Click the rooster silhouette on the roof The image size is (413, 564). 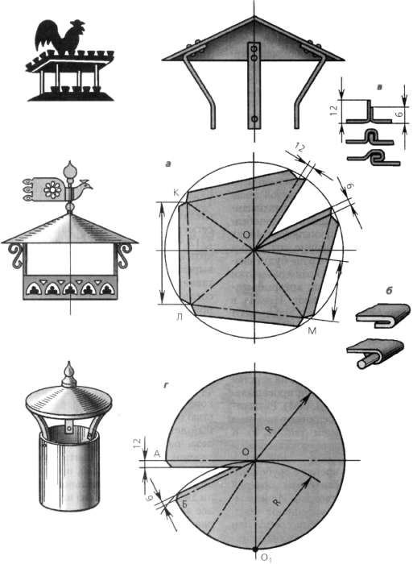coord(60,38)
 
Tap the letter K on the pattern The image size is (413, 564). coord(176,193)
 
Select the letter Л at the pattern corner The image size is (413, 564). coord(179,317)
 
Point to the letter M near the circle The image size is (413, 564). coord(312,330)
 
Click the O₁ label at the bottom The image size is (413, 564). coord(266,558)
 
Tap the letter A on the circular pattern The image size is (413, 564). coord(157,454)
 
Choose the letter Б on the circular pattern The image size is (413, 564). coord(184,504)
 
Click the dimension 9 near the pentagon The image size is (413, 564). coord(349,185)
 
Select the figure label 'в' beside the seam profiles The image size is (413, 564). coord(380,87)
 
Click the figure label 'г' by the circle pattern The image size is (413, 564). coord(166,385)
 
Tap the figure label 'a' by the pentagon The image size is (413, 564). coord(168,164)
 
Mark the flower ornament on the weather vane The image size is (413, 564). coord(53,189)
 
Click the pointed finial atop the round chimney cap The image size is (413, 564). coord(69,375)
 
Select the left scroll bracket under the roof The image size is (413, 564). coord(15,255)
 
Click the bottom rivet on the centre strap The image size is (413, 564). coord(255,118)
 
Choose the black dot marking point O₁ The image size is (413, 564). coord(254,549)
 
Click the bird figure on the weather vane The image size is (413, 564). coord(83,185)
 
